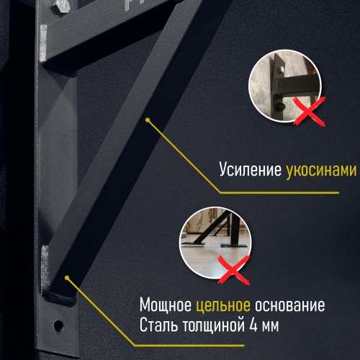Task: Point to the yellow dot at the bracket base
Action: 66,276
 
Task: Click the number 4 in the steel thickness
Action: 251,325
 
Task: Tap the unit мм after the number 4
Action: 270,325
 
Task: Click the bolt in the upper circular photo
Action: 277,107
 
